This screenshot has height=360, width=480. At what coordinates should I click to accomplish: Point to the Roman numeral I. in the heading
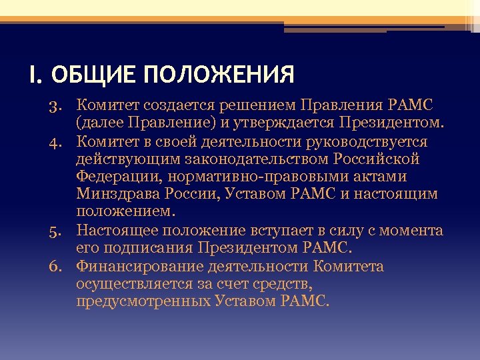click(35, 74)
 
